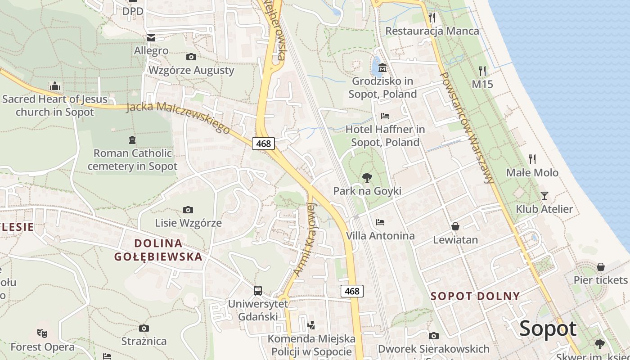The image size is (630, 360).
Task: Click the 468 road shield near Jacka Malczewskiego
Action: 263,144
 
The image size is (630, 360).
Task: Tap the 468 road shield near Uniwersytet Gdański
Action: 352,291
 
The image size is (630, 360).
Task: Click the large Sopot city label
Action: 548,329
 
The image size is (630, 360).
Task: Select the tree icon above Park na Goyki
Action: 367,177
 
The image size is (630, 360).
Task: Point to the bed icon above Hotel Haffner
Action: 385,116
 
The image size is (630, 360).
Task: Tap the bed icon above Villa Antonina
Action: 380,222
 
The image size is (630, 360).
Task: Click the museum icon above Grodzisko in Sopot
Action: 382,68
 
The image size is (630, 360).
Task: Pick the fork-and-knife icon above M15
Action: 482,71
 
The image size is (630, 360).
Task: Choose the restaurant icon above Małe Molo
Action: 532,159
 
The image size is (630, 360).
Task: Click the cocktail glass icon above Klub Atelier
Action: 544,195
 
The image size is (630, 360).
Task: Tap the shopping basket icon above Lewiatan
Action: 455,226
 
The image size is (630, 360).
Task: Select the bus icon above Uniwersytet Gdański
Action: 257,291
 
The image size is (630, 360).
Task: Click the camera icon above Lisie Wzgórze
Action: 188,210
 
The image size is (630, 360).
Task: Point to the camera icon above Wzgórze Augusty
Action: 191,57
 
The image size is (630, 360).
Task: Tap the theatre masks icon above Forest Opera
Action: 42,333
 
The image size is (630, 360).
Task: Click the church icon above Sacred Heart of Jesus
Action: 55,85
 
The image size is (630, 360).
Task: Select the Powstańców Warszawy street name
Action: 467,128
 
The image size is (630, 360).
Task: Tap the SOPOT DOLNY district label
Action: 475,296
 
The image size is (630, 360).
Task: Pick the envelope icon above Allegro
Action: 151,38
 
